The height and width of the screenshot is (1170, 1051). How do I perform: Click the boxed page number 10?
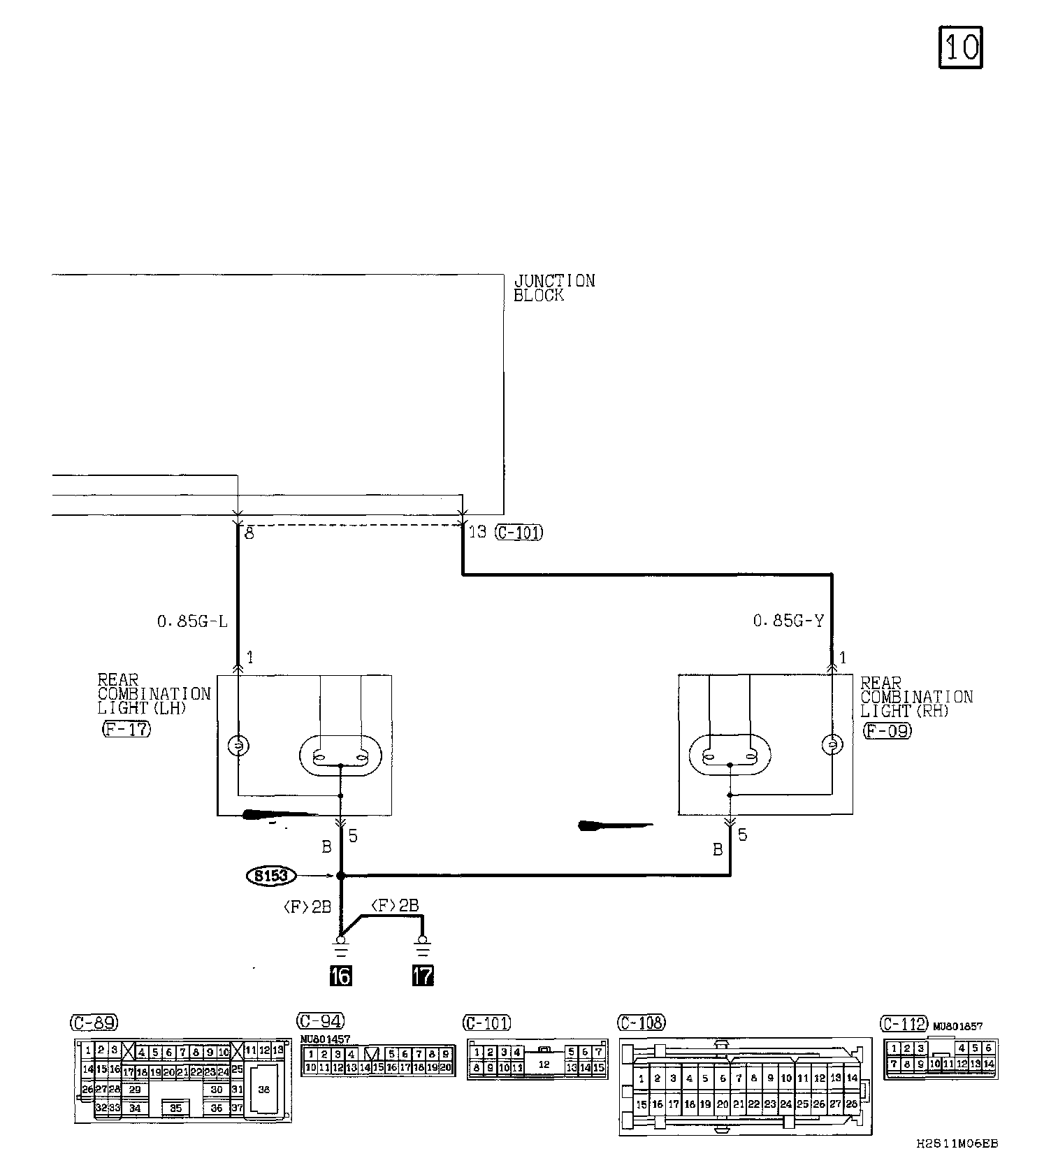(x=960, y=47)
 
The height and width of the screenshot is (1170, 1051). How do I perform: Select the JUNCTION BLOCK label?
(x=554, y=288)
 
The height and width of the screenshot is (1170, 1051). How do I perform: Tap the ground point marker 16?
(x=341, y=974)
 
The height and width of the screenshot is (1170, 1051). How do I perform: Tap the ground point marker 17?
(x=423, y=974)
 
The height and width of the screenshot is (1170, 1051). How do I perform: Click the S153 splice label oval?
(x=272, y=875)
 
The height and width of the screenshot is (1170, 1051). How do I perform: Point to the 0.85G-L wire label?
(x=192, y=621)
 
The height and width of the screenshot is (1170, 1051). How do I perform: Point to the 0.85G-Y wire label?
(x=788, y=620)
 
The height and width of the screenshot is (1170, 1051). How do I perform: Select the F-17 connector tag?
(x=126, y=729)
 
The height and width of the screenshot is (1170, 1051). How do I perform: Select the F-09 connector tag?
(x=887, y=731)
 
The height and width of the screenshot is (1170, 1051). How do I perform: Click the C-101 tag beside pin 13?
(x=519, y=533)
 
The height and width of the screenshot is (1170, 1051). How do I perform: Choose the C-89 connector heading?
(x=94, y=1023)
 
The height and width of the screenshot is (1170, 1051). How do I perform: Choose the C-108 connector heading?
(x=642, y=1023)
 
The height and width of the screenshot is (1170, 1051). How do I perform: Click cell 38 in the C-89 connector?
(x=263, y=1089)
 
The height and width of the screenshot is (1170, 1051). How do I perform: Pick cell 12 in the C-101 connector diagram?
(x=544, y=1065)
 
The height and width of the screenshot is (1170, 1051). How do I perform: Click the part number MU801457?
(x=325, y=1039)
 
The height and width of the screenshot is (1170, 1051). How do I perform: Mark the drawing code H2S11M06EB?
(x=957, y=1144)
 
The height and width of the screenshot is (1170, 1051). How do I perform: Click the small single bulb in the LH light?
(x=238, y=746)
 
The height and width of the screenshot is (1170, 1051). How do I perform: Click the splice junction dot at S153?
(x=341, y=875)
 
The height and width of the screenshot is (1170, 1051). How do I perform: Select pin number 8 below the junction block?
(x=249, y=534)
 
